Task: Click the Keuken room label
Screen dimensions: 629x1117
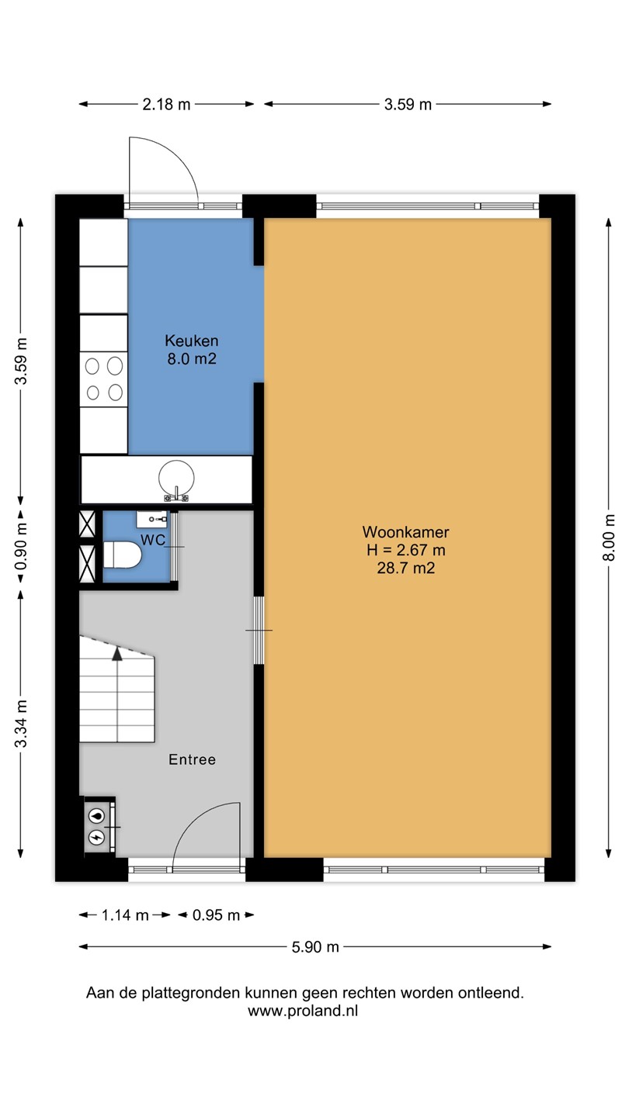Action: [192, 341]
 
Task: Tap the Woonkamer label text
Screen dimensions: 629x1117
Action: [406, 532]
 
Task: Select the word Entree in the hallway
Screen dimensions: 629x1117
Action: [193, 759]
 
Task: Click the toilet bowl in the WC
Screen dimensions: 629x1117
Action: [123, 555]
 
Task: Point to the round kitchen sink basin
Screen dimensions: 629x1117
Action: [176, 478]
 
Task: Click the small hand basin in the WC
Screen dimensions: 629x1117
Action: [151, 519]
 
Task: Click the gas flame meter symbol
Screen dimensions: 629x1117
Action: [97, 816]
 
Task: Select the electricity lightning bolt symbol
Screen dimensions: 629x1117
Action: [97, 837]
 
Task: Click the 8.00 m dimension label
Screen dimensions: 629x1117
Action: [609, 538]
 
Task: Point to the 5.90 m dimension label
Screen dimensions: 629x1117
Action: [315, 946]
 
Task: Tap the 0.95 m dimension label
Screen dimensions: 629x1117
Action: [216, 915]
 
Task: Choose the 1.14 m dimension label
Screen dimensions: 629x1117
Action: [125, 915]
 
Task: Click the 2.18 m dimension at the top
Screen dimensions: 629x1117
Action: [166, 104]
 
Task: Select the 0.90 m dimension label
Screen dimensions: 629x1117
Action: [21, 546]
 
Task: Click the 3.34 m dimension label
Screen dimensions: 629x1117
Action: [21, 724]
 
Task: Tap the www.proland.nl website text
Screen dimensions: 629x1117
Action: [303, 1011]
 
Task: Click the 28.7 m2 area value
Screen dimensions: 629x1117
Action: [406, 568]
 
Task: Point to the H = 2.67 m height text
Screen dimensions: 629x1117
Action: [406, 550]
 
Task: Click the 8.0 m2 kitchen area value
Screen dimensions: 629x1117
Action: [192, 359]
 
